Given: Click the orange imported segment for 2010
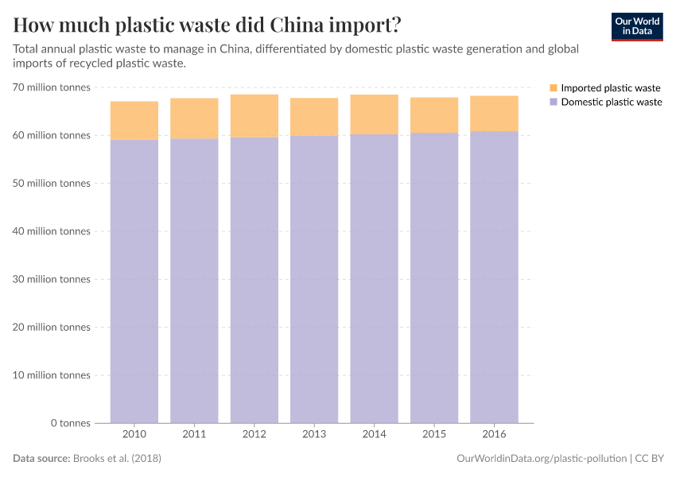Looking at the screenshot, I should [134, 121].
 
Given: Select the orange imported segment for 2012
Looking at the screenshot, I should [254, 116].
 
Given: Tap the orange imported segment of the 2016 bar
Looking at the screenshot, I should [494, 114].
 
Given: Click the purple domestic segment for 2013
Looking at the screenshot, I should [314, 278].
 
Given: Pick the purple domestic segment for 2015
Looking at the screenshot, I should [434, 278].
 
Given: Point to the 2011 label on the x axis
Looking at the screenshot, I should [194, 434].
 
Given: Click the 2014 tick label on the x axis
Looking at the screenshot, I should [374, 434].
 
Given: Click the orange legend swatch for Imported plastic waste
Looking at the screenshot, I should [554, 88].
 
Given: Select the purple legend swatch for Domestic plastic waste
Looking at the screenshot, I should [554, 103].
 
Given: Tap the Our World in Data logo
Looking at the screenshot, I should [636, 26].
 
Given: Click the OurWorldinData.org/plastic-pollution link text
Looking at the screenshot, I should [542, 459].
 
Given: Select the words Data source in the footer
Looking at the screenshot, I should [41, 459].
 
